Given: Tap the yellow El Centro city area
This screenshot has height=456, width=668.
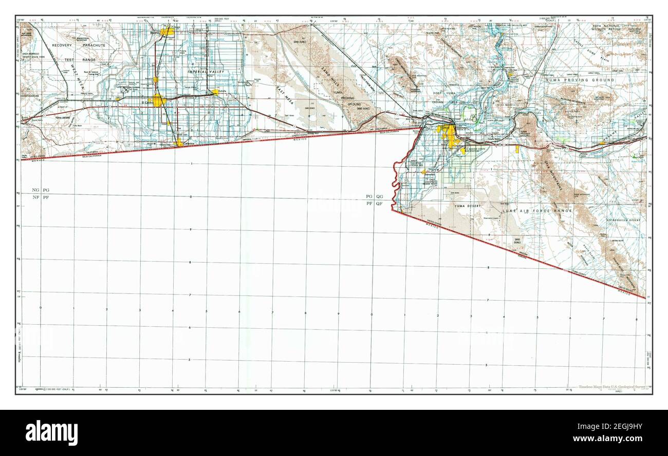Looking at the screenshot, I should [x=156, y=100].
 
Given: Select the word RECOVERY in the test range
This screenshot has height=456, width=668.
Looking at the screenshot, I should [x=62, y=45].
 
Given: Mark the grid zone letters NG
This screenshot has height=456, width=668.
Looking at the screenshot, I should [x=35, y=190].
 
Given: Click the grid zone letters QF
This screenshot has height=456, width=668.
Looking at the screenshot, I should [x=379, y=204].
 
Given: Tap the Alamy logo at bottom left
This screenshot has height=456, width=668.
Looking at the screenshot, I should [x=52, y=432].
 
